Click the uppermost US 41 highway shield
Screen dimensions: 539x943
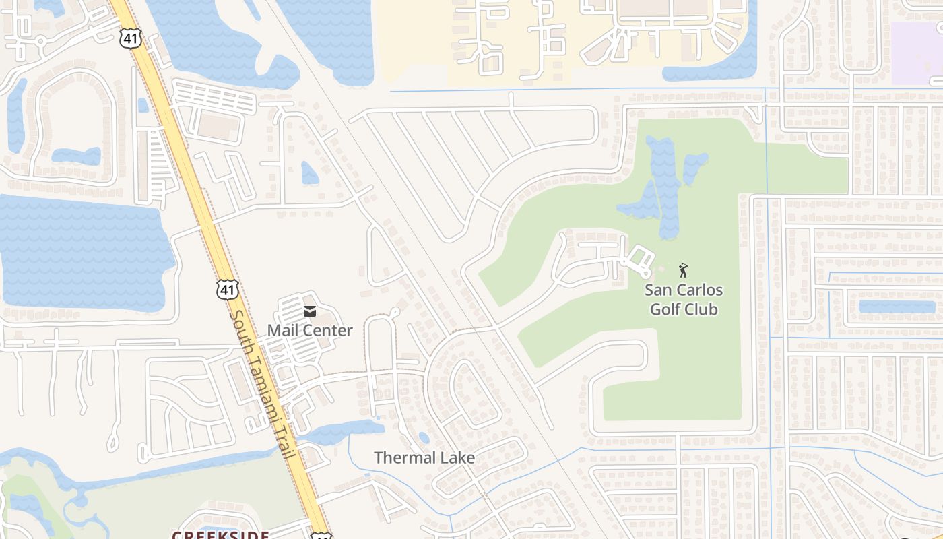point(131,38)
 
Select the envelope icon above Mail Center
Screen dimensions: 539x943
point(310,311)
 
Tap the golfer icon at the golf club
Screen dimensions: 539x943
point(684,270)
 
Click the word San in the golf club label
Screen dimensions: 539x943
point(658,290)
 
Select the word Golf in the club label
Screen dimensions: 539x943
point(664,309)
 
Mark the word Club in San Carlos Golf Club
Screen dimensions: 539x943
point(701,309)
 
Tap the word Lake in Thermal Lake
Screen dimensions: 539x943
point(459,458)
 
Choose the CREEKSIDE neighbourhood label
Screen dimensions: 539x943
point(220,535)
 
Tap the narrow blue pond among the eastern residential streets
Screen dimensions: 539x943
point(897,307)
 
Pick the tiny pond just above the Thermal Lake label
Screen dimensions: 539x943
point(424,438)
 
